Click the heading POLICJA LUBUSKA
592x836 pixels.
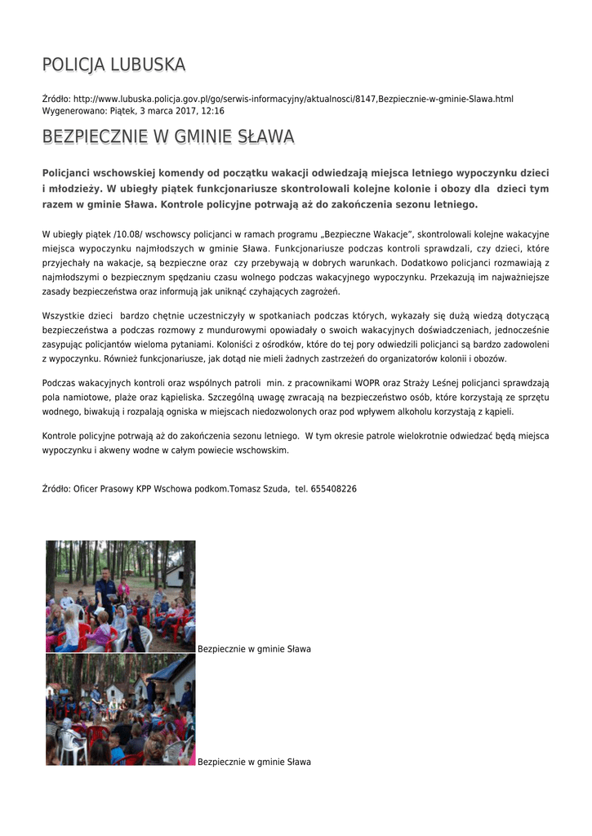[114, 64]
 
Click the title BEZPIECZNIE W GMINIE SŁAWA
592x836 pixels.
[168, 136]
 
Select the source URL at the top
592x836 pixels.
[293, 99]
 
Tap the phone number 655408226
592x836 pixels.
[333, 488]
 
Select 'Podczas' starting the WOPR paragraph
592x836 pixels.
[59, 382]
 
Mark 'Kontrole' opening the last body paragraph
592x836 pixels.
[60, 435]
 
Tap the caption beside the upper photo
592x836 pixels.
[254, 649]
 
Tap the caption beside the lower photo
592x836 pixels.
[254, 762]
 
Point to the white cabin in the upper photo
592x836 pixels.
[179, 576]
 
